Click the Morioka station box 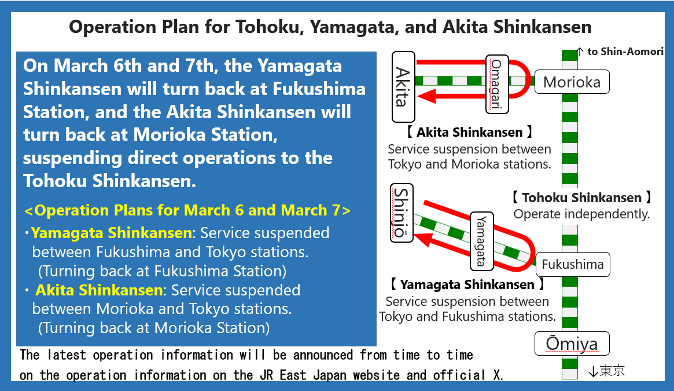tap(572, 82)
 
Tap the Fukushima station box tap(573, 264)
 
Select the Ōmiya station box tap(572, 344)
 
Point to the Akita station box tap(403, 87)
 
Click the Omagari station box tap(498, 84)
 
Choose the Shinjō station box tap(402, 213)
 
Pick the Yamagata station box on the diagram tap(482, 241)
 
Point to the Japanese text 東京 tap(612, 370)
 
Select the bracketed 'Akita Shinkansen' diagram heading tap(469, 132)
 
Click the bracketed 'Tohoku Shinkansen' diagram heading tap(581, 198)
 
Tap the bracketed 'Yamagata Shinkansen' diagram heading tap(467, 284)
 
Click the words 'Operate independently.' tap(581, 214)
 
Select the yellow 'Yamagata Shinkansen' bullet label tap(111, 233)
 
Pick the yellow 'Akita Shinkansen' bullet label tap(99, 290)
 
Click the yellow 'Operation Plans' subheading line tap(187, 210)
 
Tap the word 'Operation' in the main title tap(113, 27)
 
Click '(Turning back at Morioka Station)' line tap(154, 328)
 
